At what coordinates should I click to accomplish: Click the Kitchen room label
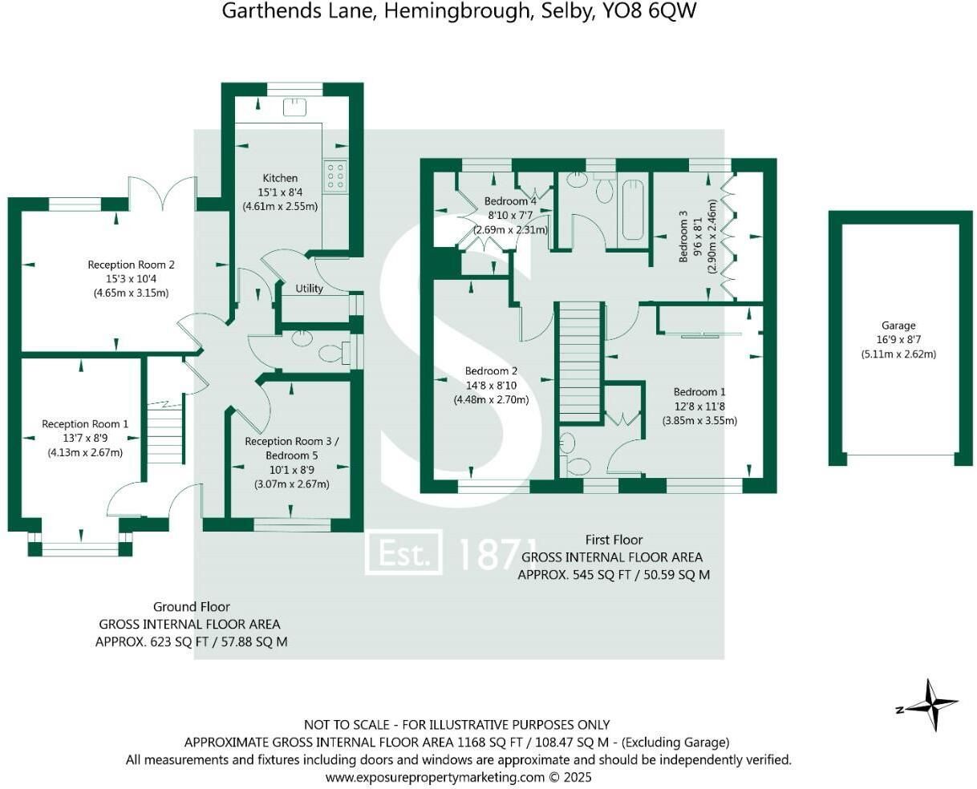coord(280,178)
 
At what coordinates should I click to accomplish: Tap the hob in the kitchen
coord(335,175)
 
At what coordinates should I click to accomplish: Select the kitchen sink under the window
coord(294,107)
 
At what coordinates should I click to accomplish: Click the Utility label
coord(309,289)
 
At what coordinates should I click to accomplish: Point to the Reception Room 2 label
coord(132,265)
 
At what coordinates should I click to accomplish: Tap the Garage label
coord(898,326)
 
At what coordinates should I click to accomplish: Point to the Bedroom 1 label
coord(699,392)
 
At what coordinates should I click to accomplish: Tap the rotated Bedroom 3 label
coord(683,236)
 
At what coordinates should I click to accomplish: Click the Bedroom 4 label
coord(510,200)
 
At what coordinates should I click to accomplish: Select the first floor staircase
coord(580,362)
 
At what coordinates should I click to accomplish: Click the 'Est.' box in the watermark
coord(403,552)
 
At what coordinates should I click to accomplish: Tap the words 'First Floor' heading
coord(614,540)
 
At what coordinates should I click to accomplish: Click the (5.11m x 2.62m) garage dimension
coord(898,354)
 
